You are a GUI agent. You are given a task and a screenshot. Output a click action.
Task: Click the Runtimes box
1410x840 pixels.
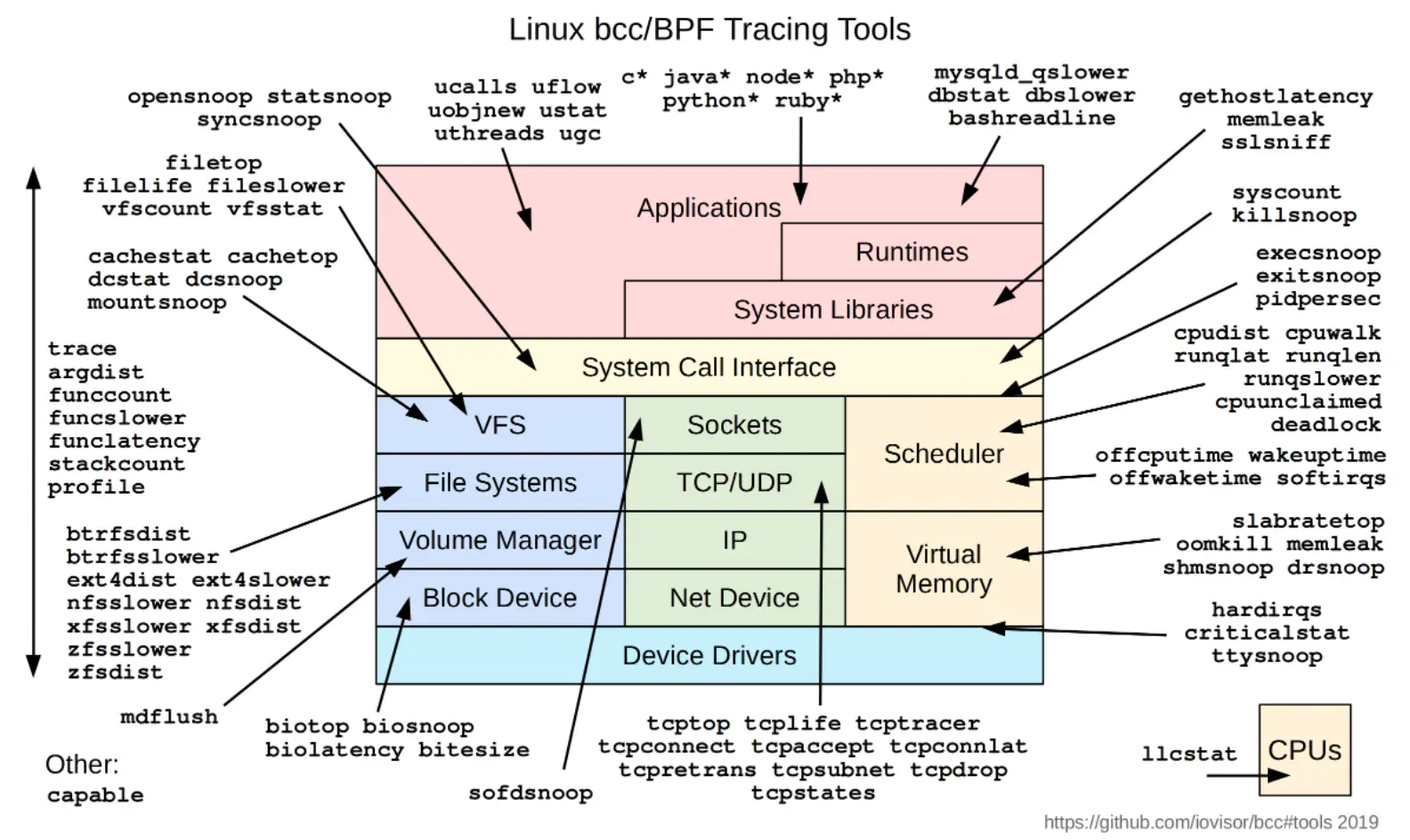pyautogui.click(x=912, y=252)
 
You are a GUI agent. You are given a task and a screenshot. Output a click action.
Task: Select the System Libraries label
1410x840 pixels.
pyautogui.click(x=832, y=310)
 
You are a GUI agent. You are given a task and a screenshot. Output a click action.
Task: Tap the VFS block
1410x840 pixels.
pyautogui.click(x=499, y=425)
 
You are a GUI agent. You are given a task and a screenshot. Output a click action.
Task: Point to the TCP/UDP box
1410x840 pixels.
pyautogui.click(x=734, y=482)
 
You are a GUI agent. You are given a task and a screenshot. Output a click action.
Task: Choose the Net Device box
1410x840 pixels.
pyautogui.click(x=734, y=598)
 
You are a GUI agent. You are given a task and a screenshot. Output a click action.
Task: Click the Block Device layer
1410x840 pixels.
pyautogui.click(x=499, y=598)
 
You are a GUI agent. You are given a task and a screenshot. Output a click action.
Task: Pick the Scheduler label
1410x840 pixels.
pyautogui.click(x=944, y=454)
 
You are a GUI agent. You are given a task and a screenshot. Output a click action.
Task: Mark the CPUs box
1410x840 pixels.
pyautogui.click(x=1304, y=750)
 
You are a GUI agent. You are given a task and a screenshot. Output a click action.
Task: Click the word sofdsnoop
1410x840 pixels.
pyautogui.click(x=531, y=793)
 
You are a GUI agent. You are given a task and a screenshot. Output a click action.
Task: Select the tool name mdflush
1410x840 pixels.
pyautogui.click(x=169, y=716)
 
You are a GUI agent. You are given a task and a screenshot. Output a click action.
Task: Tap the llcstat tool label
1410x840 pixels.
pyautogui.click(x=1189, y=754)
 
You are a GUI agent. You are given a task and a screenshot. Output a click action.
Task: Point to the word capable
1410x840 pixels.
pyautogui.click(x=95, y=795)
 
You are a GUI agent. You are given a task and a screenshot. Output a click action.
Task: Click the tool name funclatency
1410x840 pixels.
pyautogui.click(x=125, y=440)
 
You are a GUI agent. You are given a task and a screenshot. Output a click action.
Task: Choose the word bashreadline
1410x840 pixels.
pyautogui.click(x=1031, y=118)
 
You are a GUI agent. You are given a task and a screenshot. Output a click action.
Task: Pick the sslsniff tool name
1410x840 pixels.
pyautogui.click(x=1276, y=142)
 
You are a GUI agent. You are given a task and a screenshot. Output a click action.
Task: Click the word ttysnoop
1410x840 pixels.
pyautogui.click(x=1267, y=656)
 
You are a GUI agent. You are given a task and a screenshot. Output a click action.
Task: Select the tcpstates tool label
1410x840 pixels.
pyautogui.click(x=813, y=793)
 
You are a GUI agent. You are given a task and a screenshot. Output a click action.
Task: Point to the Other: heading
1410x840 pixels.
pyautogui.click(x=82, y=764)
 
